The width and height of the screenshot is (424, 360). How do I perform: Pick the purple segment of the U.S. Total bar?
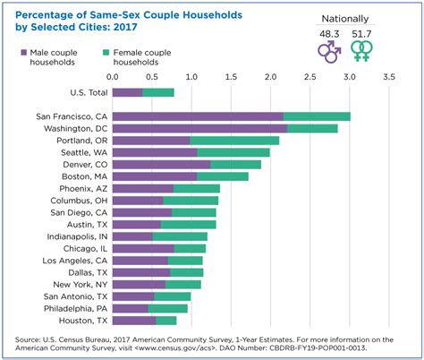tap(128, 92)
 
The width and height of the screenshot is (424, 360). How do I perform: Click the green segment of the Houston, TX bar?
tap(166, 320)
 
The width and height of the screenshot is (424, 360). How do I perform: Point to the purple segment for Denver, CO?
tap(162, 164)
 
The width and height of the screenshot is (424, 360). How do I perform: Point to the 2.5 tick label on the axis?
tap(310, 79)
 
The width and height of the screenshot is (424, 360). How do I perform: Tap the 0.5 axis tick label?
tap(154, 79)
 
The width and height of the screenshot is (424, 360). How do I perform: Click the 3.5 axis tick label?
tap(388, 79)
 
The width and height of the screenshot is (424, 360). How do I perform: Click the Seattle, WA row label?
tap(83, 152)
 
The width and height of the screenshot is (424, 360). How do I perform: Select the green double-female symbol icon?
tap(361, 49)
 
